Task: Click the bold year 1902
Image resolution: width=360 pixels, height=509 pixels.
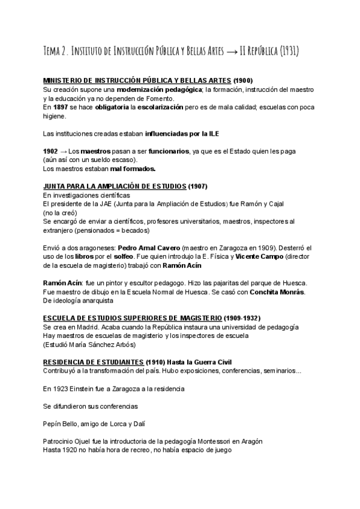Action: (x=51, y=151)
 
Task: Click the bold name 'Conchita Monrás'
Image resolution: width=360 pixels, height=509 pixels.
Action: (x=279, y=292)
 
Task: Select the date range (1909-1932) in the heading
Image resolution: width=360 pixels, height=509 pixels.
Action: (x=242, y=318)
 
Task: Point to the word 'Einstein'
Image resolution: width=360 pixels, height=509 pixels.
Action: (x=88, y=389)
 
